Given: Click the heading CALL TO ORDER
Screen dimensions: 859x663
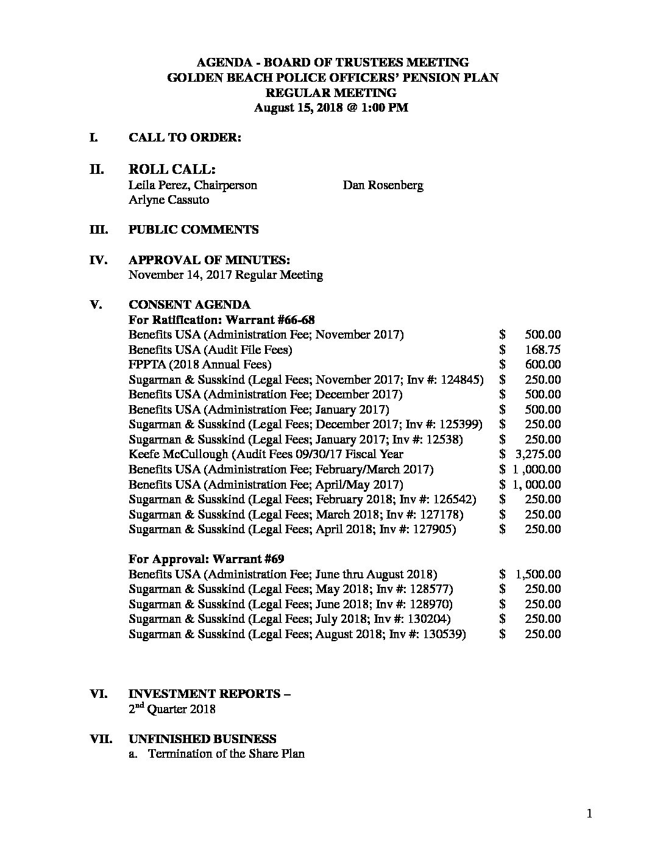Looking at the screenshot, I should click(185, 138).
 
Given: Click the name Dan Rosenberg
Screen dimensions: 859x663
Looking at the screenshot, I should click(383, 185).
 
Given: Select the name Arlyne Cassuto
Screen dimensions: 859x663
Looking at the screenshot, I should click(169, 199).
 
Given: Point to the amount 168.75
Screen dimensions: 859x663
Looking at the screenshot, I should click(542, 350).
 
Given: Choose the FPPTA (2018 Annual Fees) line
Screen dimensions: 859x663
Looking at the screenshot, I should click(200, 364).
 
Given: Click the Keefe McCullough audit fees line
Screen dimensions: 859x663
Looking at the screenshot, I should click(266, 454).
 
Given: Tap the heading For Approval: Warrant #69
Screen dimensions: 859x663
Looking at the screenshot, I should click(207, 559).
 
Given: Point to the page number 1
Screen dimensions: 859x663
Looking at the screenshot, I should click(589, 813).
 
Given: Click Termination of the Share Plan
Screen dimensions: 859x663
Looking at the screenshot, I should click(226, 753).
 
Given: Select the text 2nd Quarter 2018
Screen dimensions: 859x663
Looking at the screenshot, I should click(172, 709).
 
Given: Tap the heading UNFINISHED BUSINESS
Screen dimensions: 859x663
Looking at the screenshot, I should click(202, 739).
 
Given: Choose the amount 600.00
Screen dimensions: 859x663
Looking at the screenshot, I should click(542, 364).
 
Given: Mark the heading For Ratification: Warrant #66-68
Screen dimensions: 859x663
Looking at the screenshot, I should click(222, 320).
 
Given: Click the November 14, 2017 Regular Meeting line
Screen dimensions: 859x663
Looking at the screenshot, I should click(225, 275).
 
